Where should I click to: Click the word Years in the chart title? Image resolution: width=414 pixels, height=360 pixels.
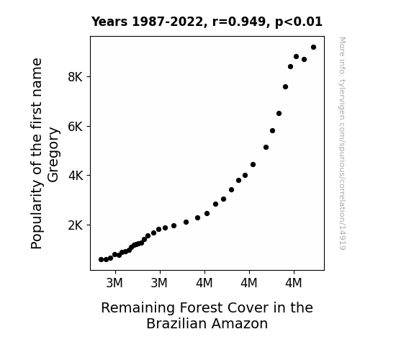click(x=109, y=22)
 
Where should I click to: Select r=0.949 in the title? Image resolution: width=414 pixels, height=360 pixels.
click(x=239, y=22)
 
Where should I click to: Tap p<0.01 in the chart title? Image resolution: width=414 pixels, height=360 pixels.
click(x=299, y=22)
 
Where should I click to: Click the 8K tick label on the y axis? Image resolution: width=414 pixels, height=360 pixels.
click(x=76, y=77)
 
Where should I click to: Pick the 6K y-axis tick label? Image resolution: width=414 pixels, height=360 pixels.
click(x=76, y=127)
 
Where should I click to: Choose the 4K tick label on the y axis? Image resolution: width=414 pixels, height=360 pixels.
click(x=76, y=176)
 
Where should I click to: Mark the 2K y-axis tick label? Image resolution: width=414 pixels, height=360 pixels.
click(x=76, y=225)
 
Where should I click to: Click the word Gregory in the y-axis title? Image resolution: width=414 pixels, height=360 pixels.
click(x=53, y=155)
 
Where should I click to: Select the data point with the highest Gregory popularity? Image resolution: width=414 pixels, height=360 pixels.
click(x=313, y=48)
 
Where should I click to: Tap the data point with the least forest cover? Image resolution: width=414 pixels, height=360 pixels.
click(x=101, y=260)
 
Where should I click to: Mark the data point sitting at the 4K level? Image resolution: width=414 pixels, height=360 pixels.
click(x=245, y=176)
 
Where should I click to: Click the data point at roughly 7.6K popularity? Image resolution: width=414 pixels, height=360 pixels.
click(x=285, y=87)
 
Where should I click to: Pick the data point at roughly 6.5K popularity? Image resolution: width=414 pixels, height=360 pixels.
click(x=279, y=114)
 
